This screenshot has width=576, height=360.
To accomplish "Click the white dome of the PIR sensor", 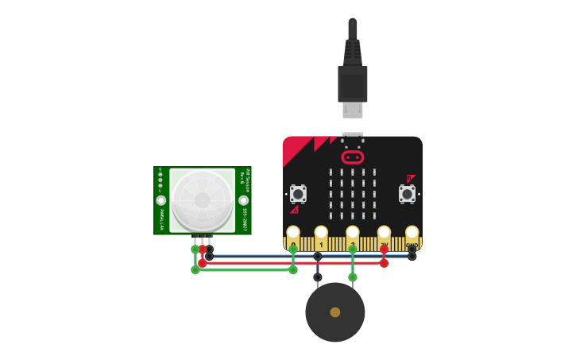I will pyautogui.click(x=203, y=199).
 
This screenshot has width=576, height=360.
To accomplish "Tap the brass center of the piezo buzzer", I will pyautogui.click(x=335, y=312).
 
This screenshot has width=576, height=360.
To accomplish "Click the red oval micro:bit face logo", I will pyautogui.click(x=352, y=157).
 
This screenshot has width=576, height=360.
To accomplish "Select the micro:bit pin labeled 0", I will pyautogui.click(x=293, y=234).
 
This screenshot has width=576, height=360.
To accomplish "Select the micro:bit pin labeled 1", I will pyautogui.click(x=321, y=234).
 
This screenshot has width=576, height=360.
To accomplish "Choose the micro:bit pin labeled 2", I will pyautogui.click(x=353, y=234).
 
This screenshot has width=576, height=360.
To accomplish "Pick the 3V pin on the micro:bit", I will pyautogui.click(x=384, y=234).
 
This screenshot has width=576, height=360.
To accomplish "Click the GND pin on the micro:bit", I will pyautogui.click(x=412, y=234).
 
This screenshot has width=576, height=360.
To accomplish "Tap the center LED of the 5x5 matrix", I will pyautogui.click(x=353, y=193).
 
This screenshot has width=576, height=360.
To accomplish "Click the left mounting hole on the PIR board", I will pyautogui.click(x=161, y=200).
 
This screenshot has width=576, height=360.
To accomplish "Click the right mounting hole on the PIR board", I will pyautogui.click(x=244, y=200).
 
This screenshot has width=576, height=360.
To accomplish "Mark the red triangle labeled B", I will pyautogui.click(x=410, y=179).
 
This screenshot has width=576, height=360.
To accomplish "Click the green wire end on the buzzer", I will pyautogui.click(x=353, y=277).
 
